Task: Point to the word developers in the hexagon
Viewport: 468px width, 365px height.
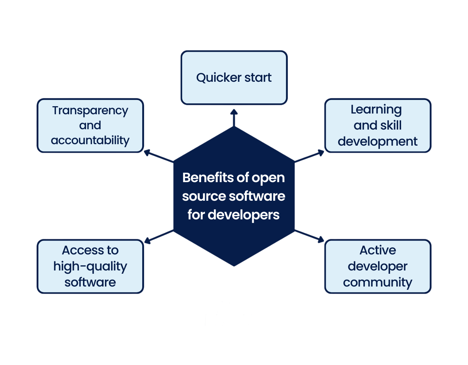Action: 244,215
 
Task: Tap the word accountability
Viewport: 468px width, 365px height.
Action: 90,141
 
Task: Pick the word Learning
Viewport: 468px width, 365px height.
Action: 376,109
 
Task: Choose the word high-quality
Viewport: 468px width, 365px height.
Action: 90,266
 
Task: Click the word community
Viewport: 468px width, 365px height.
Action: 378,283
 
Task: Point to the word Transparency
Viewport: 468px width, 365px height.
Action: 90,111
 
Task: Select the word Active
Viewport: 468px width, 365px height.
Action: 378,250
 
